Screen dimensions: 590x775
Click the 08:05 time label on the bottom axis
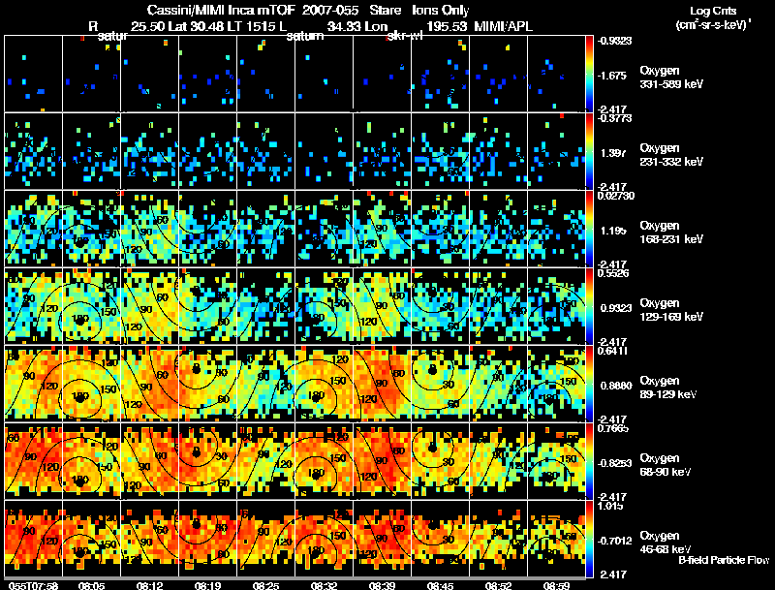pos(91,585)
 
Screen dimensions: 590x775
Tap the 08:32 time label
pos(324,585)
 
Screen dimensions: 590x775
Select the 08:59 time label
pos(556,585)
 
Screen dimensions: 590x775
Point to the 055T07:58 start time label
pos(32,585)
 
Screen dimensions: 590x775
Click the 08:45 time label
pos(440,585)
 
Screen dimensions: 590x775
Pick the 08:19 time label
pos(207,585)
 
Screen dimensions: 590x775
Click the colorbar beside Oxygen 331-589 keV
pos(591,74)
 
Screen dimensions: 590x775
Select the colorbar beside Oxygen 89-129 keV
pos(591,384)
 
